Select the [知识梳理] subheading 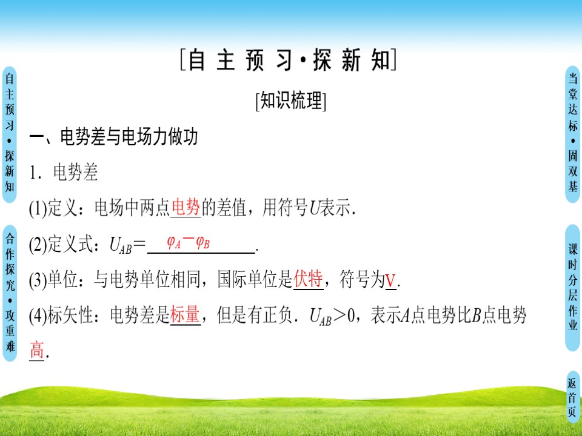(291, 101)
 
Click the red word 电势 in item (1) (186, 208)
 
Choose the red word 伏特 (307, 280)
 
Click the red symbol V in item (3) (390, 281)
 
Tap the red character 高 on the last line (37, 350)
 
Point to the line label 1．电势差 (64, 173)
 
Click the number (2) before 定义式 (37, 245)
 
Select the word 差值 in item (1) (232, 209)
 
